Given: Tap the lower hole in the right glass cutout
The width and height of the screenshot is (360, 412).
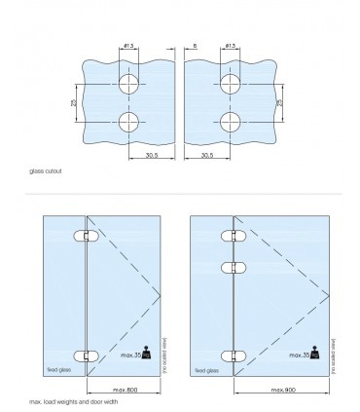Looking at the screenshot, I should click(231, 123).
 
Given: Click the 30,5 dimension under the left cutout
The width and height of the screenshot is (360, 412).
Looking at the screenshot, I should click(152, 153).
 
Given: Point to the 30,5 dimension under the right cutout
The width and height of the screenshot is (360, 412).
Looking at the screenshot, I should click(207, 153).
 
